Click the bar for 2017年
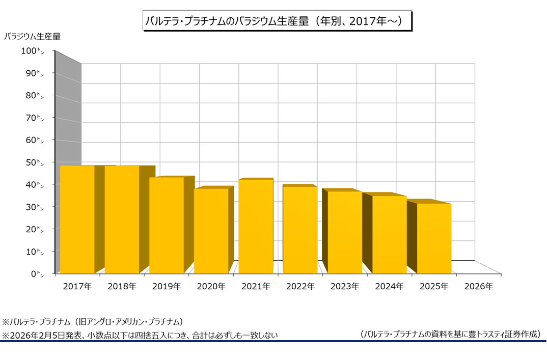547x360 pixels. click(77, 219)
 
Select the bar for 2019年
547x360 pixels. click(167, 225)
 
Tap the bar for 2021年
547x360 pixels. click(256, 226)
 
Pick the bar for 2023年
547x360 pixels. click(345, 232)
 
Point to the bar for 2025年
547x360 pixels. click(434, 238)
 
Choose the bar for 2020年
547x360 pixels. click(211, 231)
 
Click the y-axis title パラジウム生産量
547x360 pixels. click(33, 37)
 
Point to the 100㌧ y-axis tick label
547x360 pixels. click(33, 51)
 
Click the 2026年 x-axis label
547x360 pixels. click(478, 287)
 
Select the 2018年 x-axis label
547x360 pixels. click(122, 287)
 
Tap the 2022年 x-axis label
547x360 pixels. click(300, 287)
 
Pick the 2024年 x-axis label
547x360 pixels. click(389, 287)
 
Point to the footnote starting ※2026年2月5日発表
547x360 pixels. click(140, 335)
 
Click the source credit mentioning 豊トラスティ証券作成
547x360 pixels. click(449, 335)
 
